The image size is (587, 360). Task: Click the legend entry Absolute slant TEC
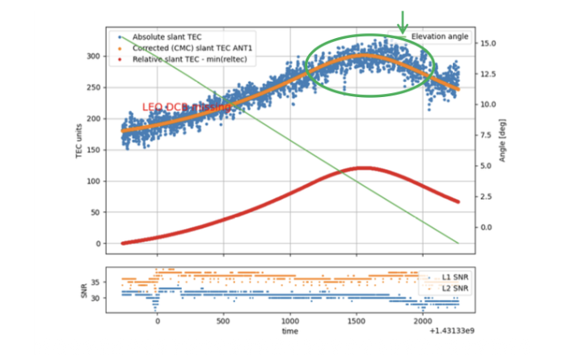(x=167, y=36)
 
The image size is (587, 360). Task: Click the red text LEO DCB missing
(x=186, y=107)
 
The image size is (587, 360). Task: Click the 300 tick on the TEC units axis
(x=99, y=56)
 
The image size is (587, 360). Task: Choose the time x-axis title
(x=289, y=332)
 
